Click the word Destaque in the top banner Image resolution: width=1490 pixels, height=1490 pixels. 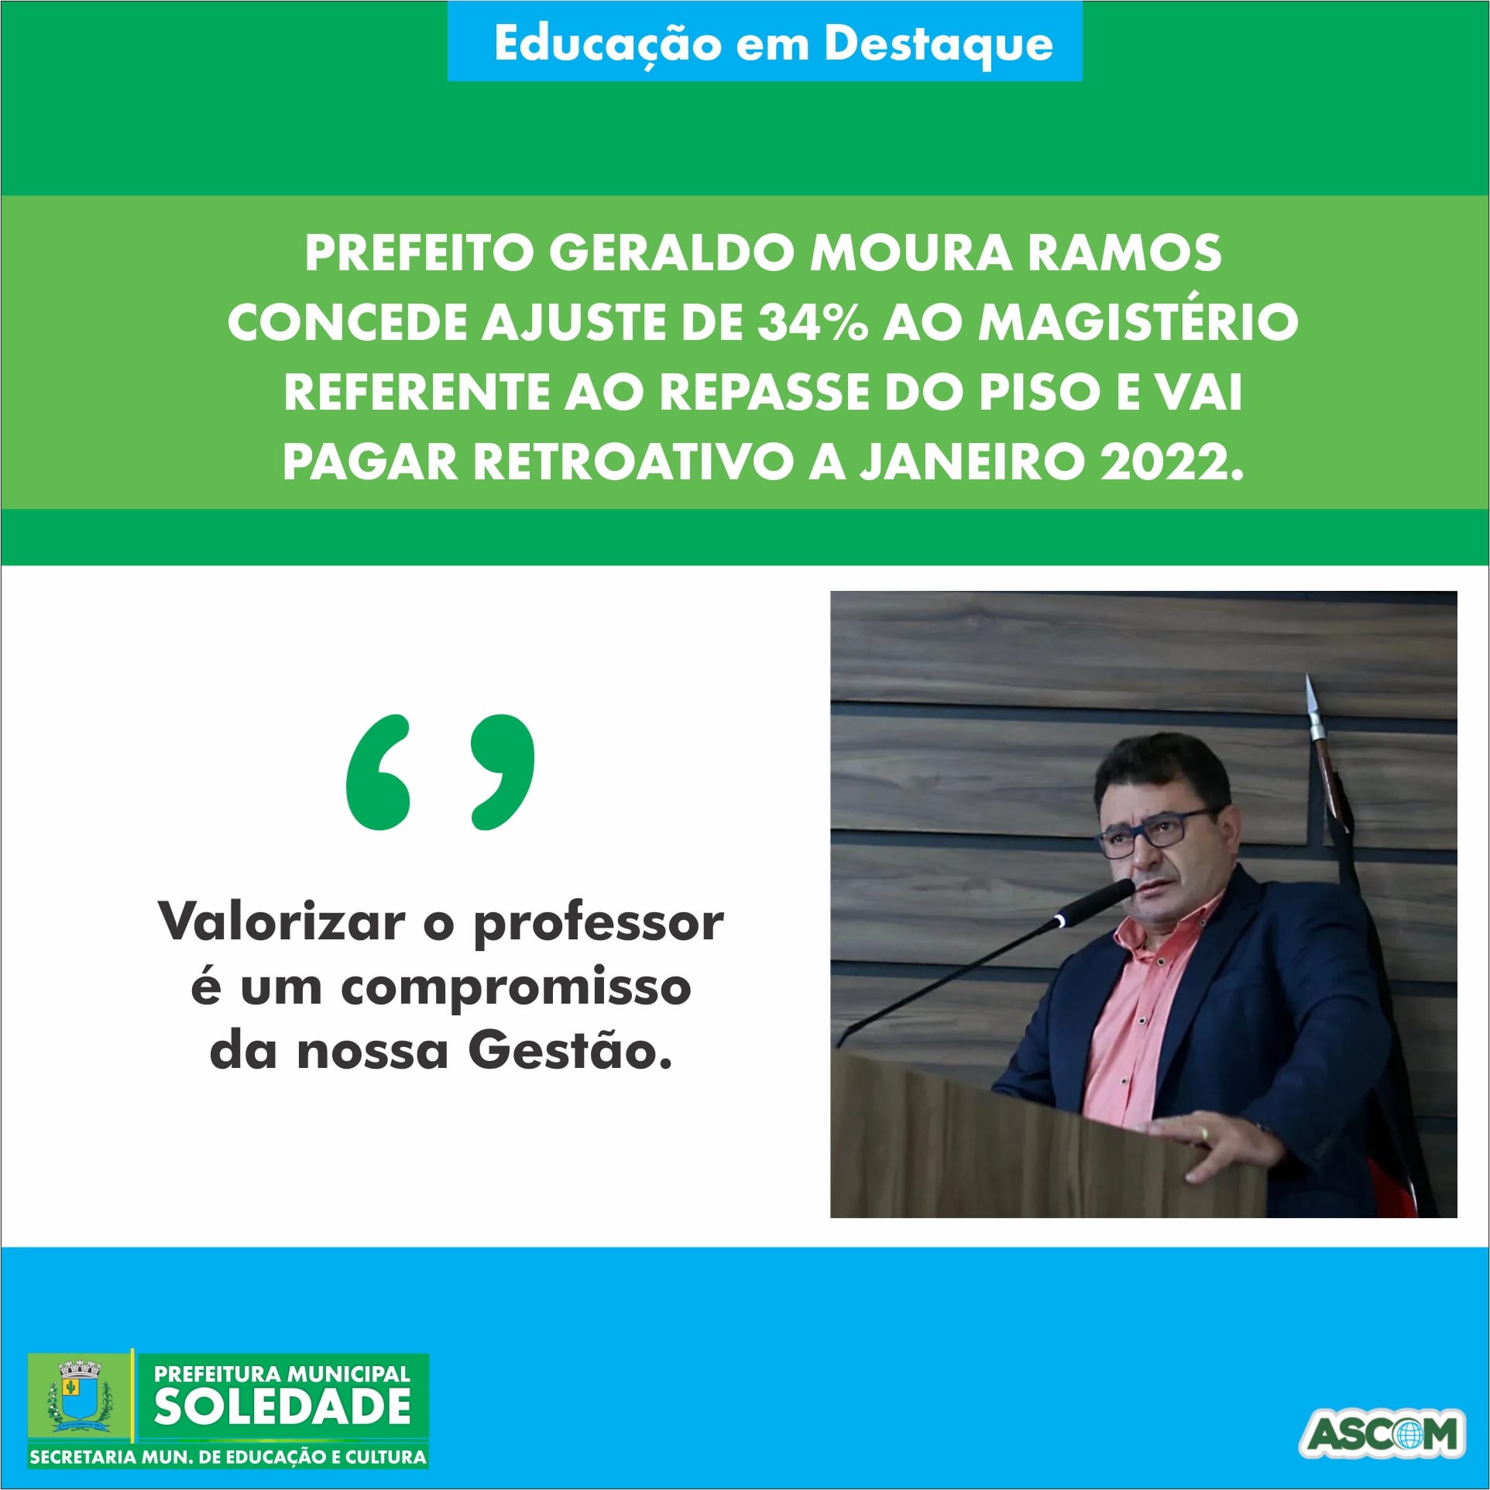pyautogui.click(x=939, y=44)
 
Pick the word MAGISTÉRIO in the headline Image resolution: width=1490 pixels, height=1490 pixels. pyautogui.click(x=1138, y=321)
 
